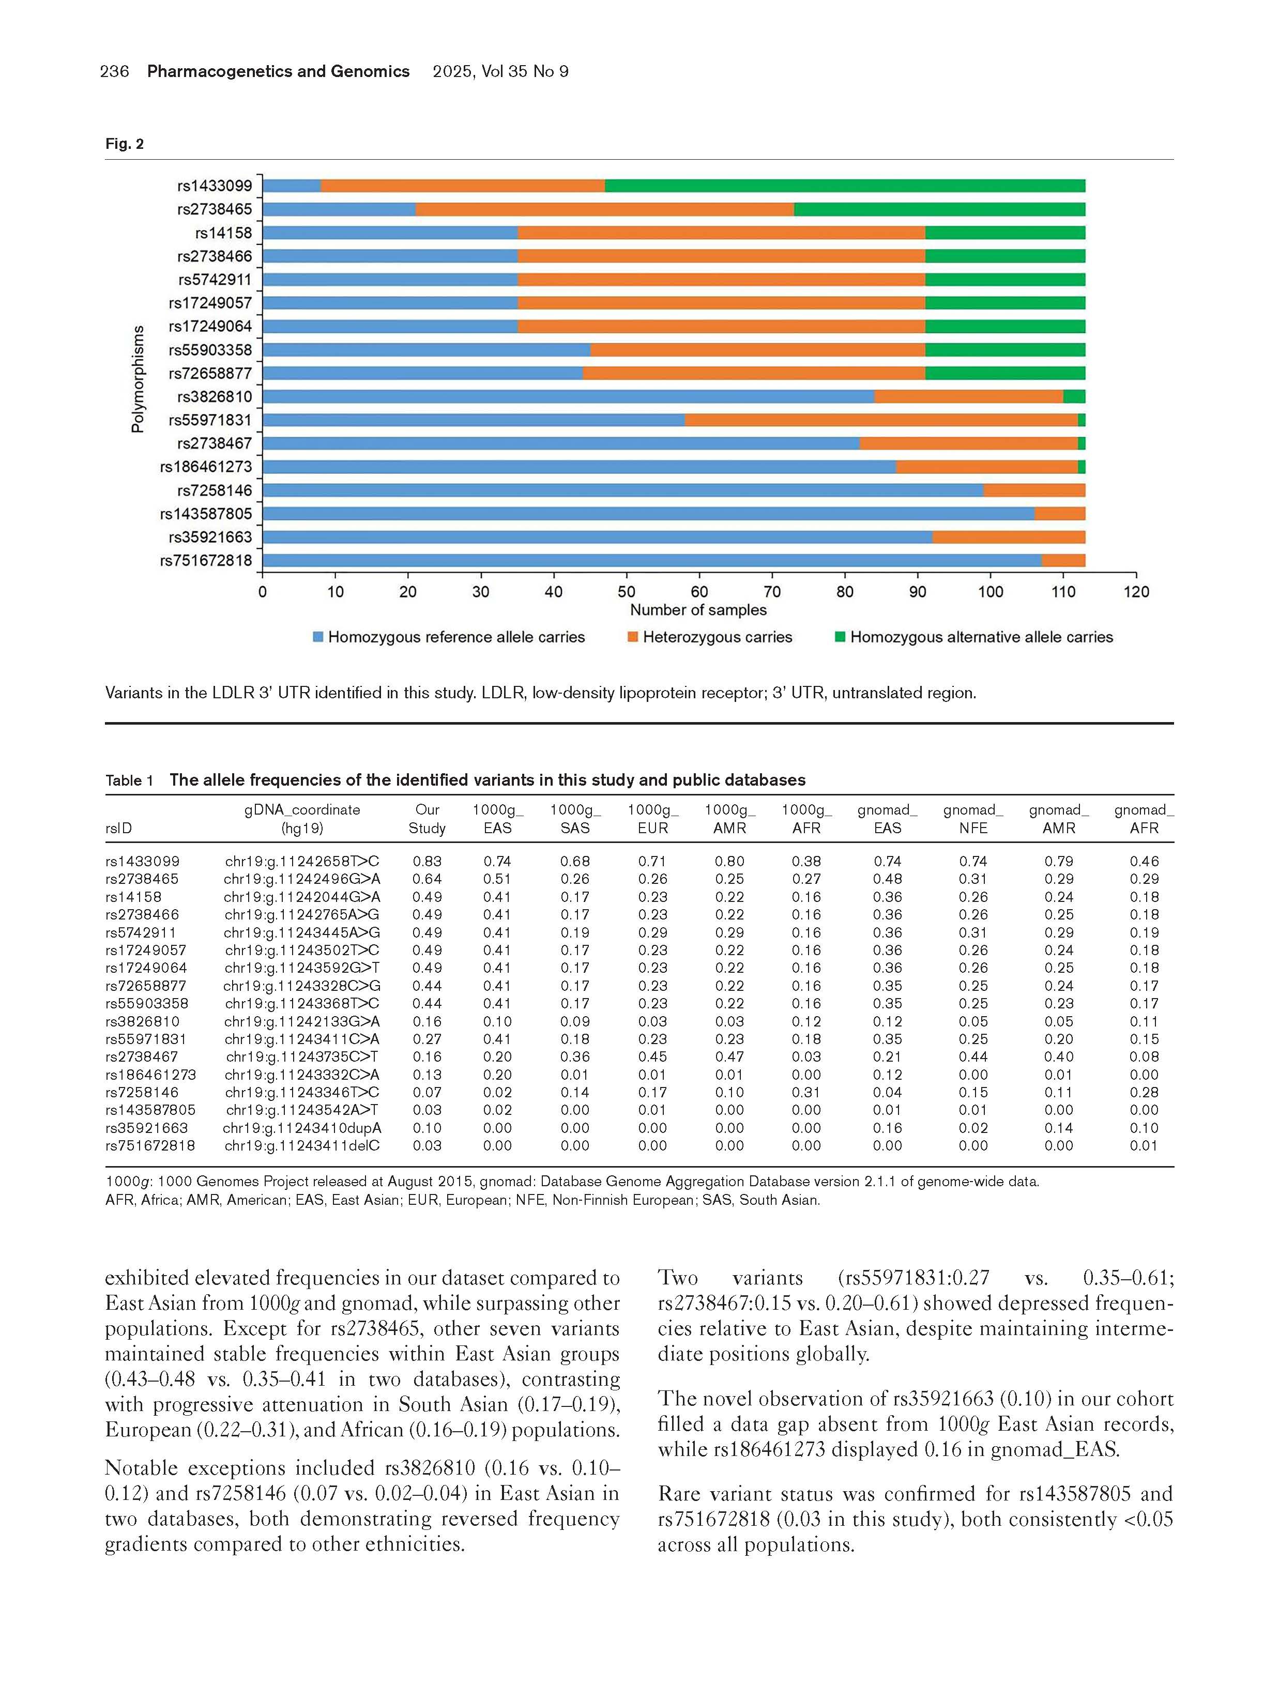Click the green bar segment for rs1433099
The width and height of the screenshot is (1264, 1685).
(844, 186)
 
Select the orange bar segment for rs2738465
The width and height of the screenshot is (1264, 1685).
(604, 209)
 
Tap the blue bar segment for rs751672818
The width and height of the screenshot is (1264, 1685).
(651, 561)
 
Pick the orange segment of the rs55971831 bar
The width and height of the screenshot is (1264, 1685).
(881, 420)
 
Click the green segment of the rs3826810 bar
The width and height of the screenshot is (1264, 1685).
(1074, 396)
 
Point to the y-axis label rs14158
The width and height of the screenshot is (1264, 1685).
(223, 233)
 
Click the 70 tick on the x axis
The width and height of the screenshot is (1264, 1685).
(772, 592)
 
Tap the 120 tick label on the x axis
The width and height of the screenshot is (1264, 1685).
(1135, 592)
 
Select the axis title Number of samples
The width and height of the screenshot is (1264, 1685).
(698, 610)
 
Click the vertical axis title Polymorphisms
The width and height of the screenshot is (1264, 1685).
(138, 378)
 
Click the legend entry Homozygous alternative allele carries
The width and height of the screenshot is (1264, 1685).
(981, 637)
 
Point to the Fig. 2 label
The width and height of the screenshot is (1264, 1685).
(124, 144)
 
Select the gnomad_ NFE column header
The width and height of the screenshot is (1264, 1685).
(973, 819)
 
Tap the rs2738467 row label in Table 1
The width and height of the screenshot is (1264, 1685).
(142, 1056)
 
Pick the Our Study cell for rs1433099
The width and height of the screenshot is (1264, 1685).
(427, 862)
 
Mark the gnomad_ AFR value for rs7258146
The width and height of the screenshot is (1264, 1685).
(1144, 1092)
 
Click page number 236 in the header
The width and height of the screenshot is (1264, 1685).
(114, 72)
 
